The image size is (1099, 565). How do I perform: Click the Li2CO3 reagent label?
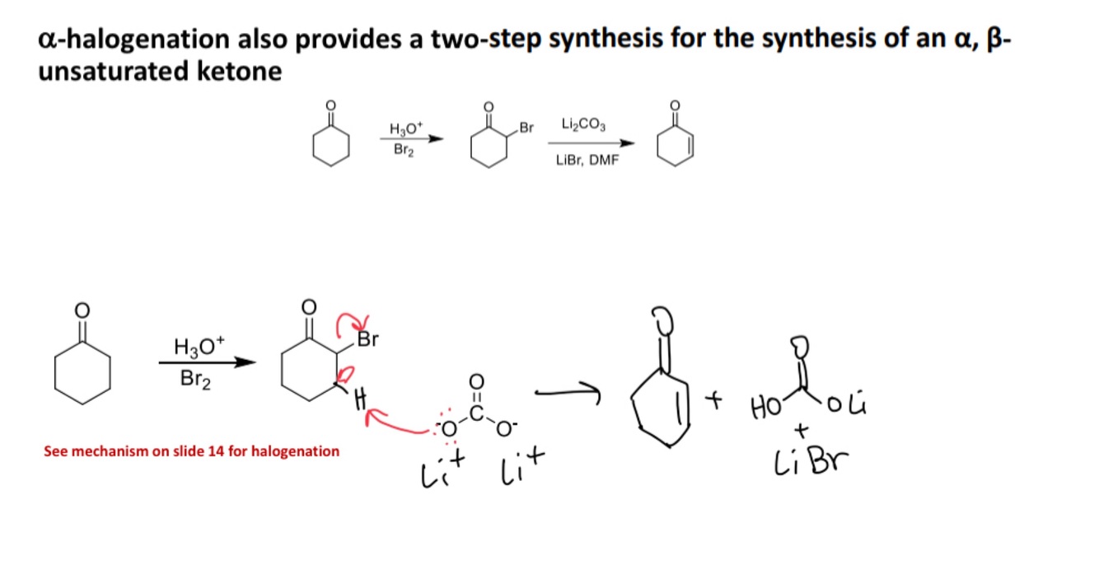point(582,125)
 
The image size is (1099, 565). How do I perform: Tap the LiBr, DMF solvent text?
point(587,160)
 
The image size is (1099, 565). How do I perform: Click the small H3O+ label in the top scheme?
point(405,128)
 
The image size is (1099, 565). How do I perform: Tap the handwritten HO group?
point(761,407)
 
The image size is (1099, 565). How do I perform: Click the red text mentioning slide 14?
point(191,451)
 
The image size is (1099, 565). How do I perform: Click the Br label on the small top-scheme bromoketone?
point(526,128)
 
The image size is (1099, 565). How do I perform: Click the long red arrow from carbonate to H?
point(404,425)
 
